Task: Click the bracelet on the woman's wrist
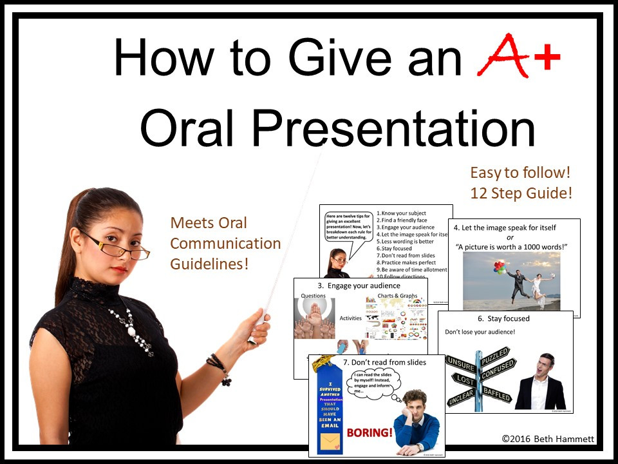point(220,367)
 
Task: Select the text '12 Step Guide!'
point(520,193)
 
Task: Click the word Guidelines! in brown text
point(209,264)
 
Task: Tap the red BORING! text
point(370,432)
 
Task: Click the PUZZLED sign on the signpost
point(495,356)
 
